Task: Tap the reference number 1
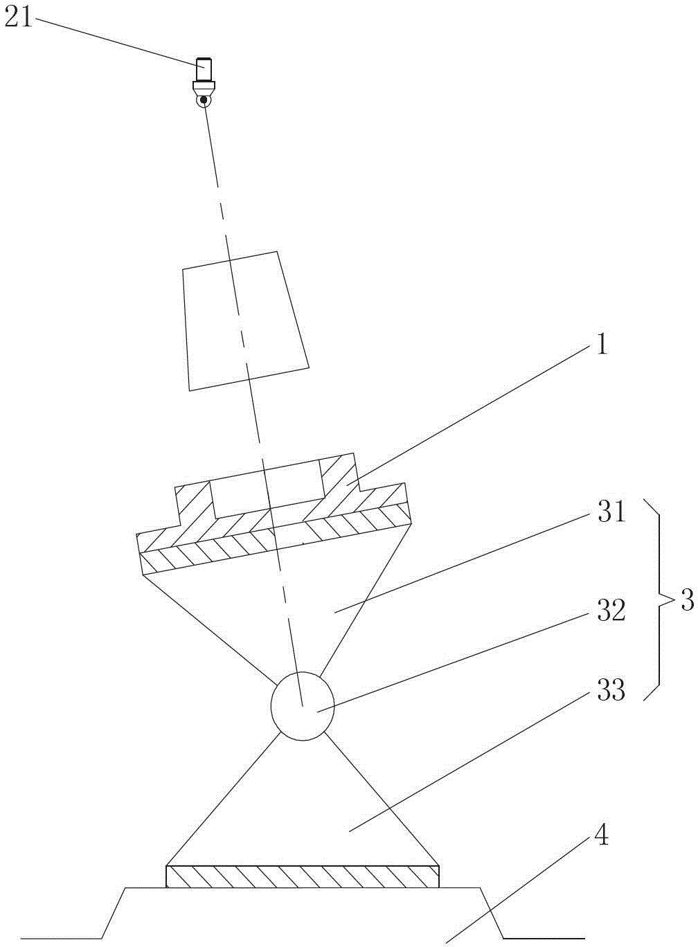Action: (x=601, y=344)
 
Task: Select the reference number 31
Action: (x=610, y=513)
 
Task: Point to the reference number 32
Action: (x=610, y=611)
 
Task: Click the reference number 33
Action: (x=610, y=689)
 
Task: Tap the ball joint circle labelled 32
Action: (x=302, y=706)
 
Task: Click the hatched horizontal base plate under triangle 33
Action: (x=303, y=876)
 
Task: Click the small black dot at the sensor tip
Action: (x=204, y=100)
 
